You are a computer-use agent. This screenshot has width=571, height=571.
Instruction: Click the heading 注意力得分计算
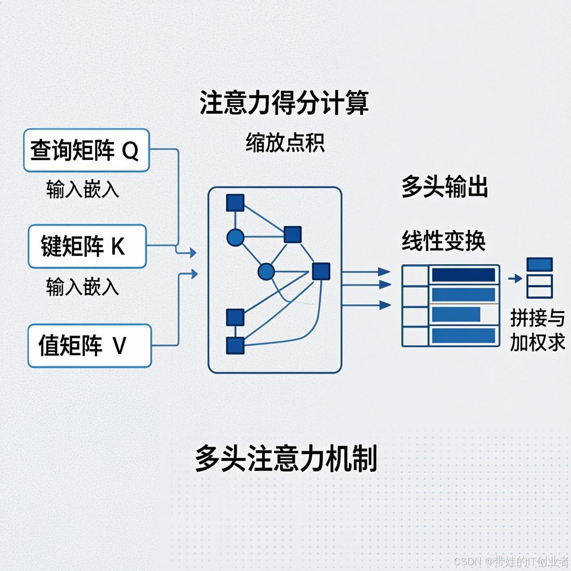click(x=284, y=103)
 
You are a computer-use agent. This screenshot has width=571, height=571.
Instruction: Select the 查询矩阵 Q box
click(x=86, y=150)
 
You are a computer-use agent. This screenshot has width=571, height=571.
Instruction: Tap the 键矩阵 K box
click(x=87, y=246)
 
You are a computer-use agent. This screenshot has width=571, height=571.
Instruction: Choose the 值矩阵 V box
click(x=89, y=346)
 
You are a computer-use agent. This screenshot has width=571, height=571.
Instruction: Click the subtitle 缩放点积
click(x=285, y=143)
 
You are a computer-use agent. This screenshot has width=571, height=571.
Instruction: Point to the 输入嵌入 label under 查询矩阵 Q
click(x=83, y=189)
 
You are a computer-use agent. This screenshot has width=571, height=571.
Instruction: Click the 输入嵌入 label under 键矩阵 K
click(x=83, y=286)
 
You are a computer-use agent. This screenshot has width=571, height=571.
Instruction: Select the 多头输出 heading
click(x=444, y=186)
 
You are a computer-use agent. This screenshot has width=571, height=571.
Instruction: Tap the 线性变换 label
click(x=443, y=241)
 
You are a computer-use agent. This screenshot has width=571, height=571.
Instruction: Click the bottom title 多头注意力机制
click(x=286, y=458)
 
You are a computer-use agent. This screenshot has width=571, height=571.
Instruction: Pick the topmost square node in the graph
click(x=235, y=203)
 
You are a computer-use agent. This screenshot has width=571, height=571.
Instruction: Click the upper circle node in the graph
click(x=235, y=238)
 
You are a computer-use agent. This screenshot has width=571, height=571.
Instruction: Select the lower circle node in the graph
click(x=266, y=271)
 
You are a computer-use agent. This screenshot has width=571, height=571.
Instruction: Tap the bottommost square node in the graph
click(x=235, y=345)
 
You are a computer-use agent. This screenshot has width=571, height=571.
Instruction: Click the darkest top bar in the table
click(x=463, y=275)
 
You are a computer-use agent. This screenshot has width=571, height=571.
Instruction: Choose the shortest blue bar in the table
click(x=456, y=314)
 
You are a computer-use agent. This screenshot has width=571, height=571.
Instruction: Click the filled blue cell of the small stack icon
click(x=539, y=265)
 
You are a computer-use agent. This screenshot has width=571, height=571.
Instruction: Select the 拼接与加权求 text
click(x=538, y=330)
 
